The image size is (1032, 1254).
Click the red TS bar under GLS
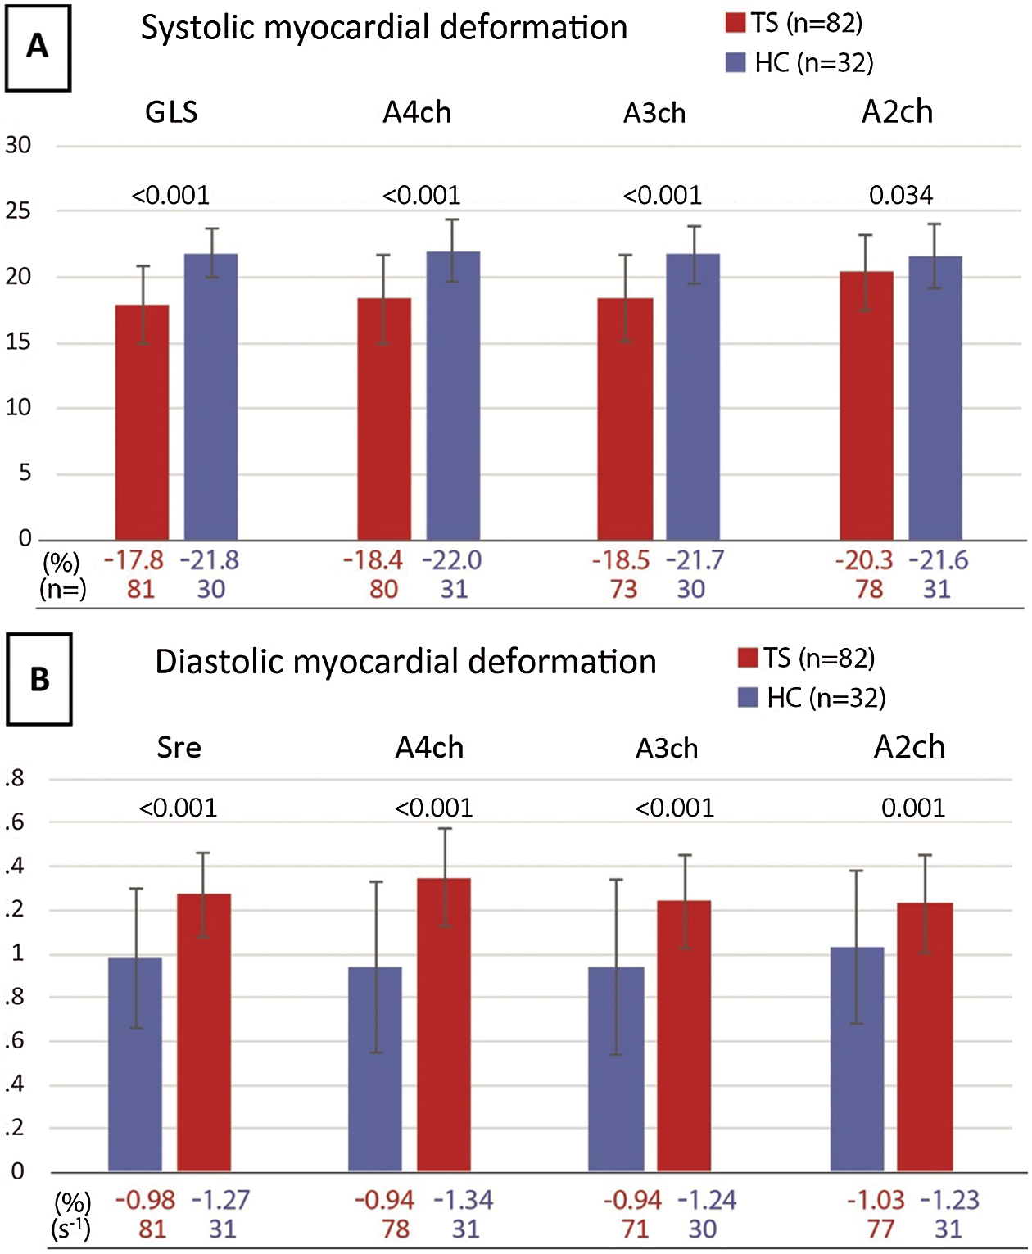point(142,422)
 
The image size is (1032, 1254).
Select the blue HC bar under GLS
point(210,396)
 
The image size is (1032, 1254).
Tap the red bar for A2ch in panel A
point(867,405)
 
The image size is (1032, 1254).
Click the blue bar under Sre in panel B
point(135,1064)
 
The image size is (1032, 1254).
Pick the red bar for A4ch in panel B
point(444,1024)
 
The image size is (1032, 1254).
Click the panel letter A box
point(38,48)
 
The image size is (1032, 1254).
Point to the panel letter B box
point(39,680)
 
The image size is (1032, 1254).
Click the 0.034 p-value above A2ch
point(901,195)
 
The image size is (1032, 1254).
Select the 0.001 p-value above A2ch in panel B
point(913,808)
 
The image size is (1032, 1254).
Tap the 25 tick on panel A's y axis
point(18,211)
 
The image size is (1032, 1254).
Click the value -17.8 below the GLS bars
point(134,561)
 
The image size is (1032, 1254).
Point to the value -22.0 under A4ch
point(452,561)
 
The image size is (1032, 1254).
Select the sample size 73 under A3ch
point(623,590)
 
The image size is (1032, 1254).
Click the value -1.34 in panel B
point(464,1201)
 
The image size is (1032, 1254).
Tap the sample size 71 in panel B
point(635,1229)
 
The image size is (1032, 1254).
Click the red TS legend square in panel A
point(736,23)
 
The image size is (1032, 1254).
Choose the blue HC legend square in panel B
point(748,698)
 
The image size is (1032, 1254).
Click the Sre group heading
point(179,748)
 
